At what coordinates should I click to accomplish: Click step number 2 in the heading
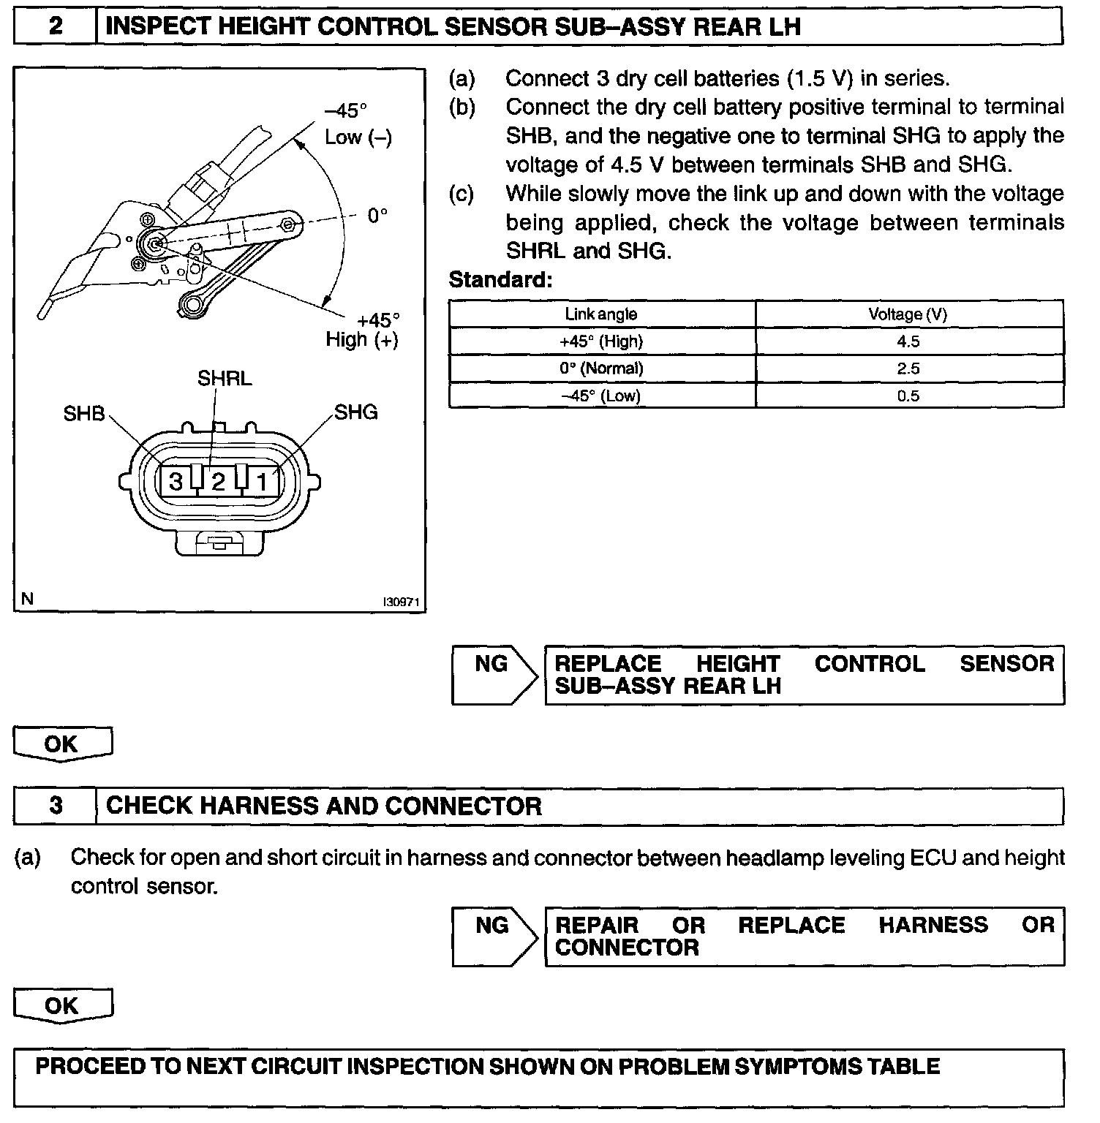click(55, 27)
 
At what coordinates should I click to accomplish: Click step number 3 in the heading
click(55, 806)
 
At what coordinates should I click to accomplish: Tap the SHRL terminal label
click(225, 378)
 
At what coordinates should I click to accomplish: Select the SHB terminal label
click(84, 413)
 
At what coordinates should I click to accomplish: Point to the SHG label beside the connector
click(356, 412)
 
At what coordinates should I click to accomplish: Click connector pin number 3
click(176, 482)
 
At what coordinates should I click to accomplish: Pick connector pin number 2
click(218, 482)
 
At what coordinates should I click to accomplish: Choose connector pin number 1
click(262, 482)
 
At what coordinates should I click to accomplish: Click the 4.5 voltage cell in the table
click(908, 341)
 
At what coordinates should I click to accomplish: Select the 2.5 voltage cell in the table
click(908, 368)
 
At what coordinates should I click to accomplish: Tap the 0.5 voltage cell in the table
click(908, 396)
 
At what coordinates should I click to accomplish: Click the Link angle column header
click(601, 314)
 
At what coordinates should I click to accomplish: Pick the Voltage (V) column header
click(908, 314)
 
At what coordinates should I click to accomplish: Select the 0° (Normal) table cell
click(601, 368)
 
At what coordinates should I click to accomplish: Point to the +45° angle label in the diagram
click(378, 320)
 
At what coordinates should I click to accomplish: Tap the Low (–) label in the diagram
click(358, 137)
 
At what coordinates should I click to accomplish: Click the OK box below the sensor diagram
click(62, 744)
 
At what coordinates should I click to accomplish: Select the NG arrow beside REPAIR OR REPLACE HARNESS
click(493, 937)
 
